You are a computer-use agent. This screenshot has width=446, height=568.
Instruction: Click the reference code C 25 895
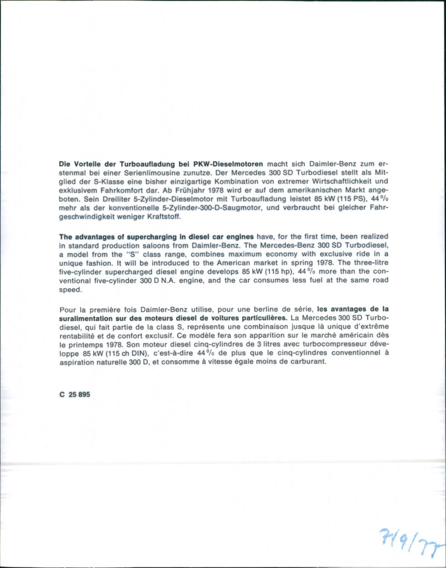tap(74, 394)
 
